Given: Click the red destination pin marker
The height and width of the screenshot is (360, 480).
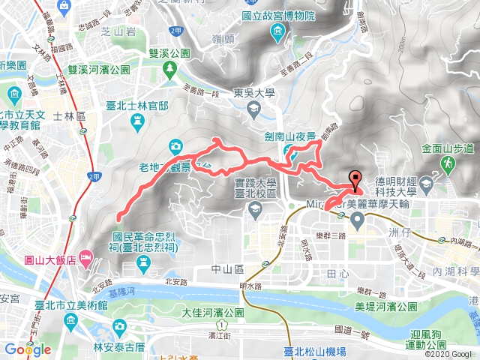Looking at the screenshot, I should click(x=355, y=178).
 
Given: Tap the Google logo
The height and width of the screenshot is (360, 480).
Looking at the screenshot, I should click(x=28, y=349).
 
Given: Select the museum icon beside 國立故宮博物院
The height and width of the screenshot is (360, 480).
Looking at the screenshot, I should click(x=278, y=30).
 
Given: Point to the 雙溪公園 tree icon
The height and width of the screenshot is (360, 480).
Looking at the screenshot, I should click(x=172, y=68).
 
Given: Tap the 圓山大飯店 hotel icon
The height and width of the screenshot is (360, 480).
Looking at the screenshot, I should click(x=86, y=259).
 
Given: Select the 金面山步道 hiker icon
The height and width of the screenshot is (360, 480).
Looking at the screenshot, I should click(x=448, y=161).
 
